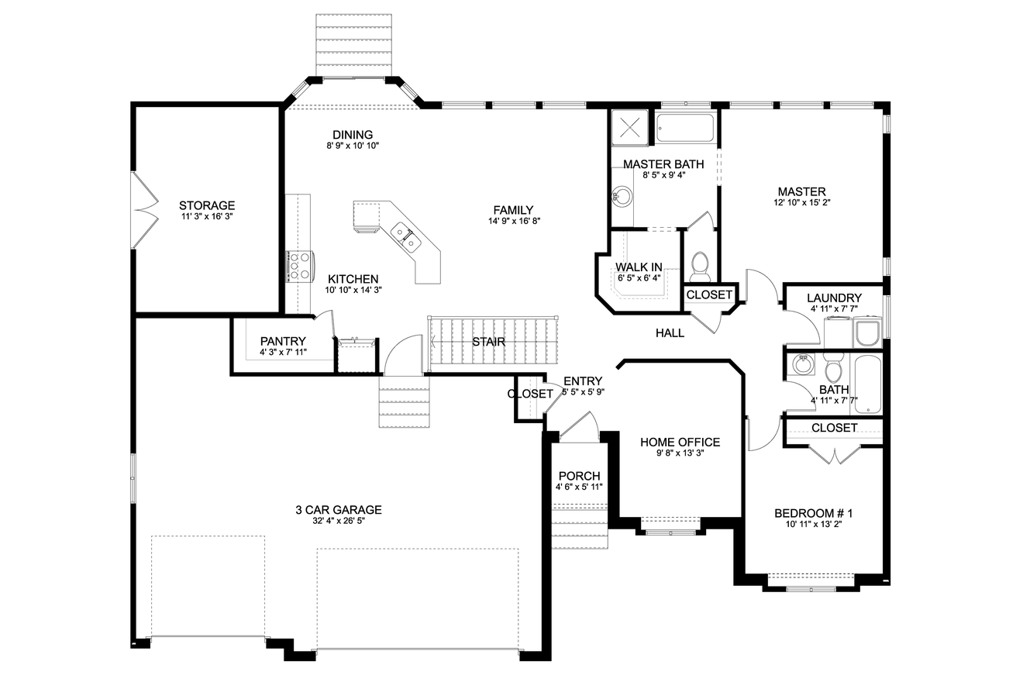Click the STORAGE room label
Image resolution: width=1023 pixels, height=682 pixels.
coord(206,205)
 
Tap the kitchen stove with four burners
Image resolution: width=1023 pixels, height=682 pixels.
coord(299,265)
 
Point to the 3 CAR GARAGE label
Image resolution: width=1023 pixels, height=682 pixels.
coord(339,510)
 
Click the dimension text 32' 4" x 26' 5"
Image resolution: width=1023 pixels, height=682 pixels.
coord(339,522)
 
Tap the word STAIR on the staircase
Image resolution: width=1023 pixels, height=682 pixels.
coord(489,342)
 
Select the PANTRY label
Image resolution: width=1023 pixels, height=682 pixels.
coord(283,341)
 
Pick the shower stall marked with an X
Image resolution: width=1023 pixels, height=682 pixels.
coord(629,126)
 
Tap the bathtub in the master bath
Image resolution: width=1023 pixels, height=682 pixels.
coord(685,128)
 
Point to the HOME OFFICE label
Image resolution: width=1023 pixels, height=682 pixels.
coord(680,443)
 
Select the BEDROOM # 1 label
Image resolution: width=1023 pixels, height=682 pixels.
coord(814,513)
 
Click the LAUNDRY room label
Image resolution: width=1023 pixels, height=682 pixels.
coord(834,298)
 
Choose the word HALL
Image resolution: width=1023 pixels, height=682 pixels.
coord(670,333)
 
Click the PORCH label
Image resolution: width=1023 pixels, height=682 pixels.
coord(579,476)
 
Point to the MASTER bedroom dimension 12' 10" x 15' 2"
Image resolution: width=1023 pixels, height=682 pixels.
coord(802,203)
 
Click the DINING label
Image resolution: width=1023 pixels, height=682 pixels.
coord(353,135)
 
